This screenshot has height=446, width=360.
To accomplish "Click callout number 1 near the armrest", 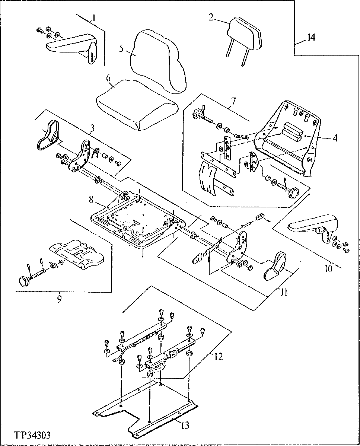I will click(x=94, y=17).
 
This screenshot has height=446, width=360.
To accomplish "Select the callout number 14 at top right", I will click(x=310, y=37).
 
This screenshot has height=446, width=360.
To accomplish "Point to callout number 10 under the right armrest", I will click(x=328, y=268).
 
